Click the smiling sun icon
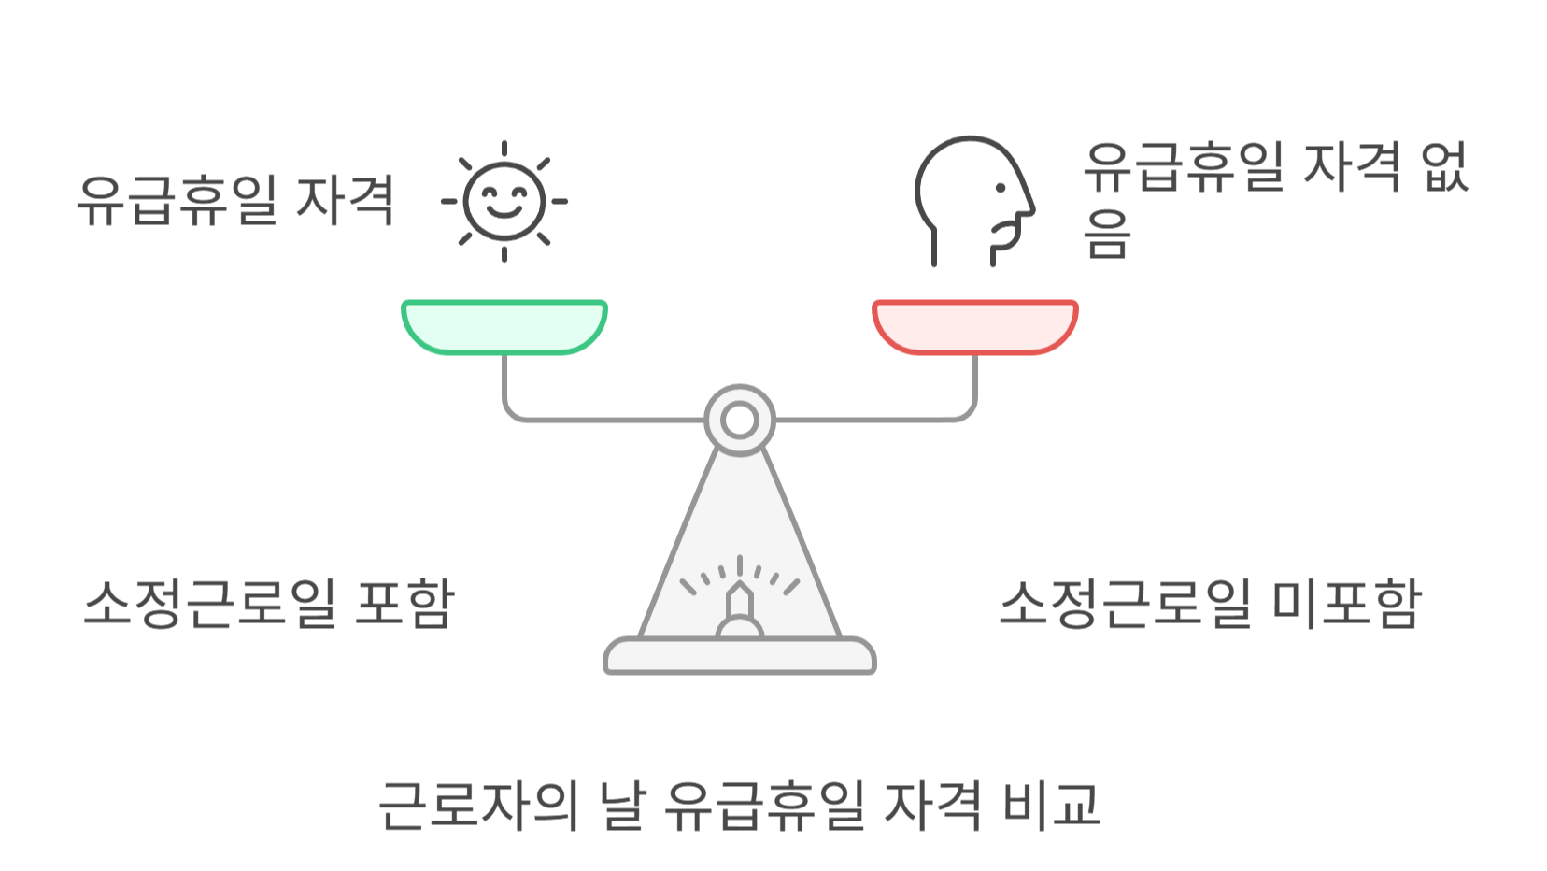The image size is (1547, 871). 504,201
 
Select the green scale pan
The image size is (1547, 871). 504,326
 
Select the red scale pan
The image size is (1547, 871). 974,326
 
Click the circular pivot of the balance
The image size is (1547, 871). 740,420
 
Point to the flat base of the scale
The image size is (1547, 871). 740,656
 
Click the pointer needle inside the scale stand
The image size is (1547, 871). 740,603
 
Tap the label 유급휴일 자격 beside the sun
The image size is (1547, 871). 235,200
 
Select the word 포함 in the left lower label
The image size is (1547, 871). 404,603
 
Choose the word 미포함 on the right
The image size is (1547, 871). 1346,603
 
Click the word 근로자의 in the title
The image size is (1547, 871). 478,805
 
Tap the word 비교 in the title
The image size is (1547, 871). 1051,805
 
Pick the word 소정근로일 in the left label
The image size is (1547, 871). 209,603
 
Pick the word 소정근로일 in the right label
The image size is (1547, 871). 1125,603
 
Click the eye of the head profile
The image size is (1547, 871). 1000,188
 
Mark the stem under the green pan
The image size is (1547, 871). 504,383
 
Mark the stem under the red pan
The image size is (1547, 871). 974,383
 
